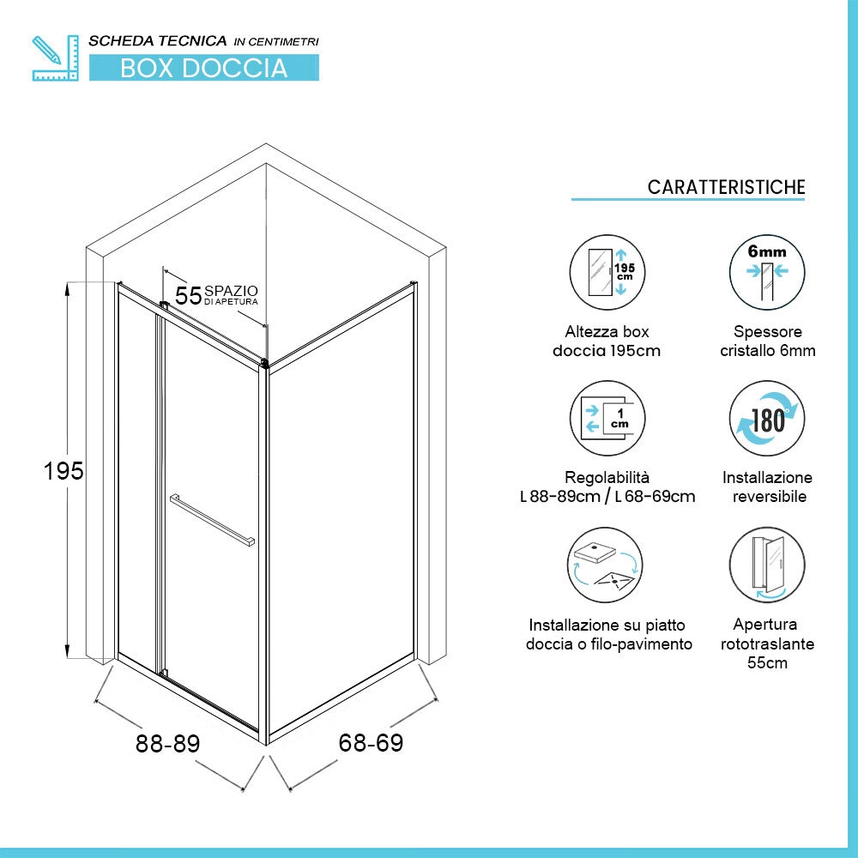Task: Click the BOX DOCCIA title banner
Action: [x=204, y=68]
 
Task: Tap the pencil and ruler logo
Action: [x=55, y=58]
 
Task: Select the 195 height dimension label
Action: [x=63, y=471]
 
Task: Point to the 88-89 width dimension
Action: [x=168, y=744]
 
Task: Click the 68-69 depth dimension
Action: [x=371, y=742]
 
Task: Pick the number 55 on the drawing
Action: [x=188, y=295]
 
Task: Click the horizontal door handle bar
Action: [x=212, y=520]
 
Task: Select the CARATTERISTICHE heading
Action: [x=726, y=187]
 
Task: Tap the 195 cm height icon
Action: [x=607, y=272]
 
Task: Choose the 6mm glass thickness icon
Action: [x=767, y=272]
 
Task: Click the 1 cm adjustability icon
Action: [x=607, y=419]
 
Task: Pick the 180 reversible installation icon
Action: [x=767, y=419]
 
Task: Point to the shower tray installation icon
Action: [x=605, y=565]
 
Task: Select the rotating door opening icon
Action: [x=767, y=565]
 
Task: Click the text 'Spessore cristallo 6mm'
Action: [x=768, y=341]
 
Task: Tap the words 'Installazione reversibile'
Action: [x=768, y=487]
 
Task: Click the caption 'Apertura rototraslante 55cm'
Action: [x=767, y=643]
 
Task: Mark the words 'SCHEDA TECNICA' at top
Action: [x=158, y=41]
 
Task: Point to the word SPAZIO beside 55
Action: [x=231, y=291]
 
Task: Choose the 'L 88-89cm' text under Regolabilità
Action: [x=559, y=496]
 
